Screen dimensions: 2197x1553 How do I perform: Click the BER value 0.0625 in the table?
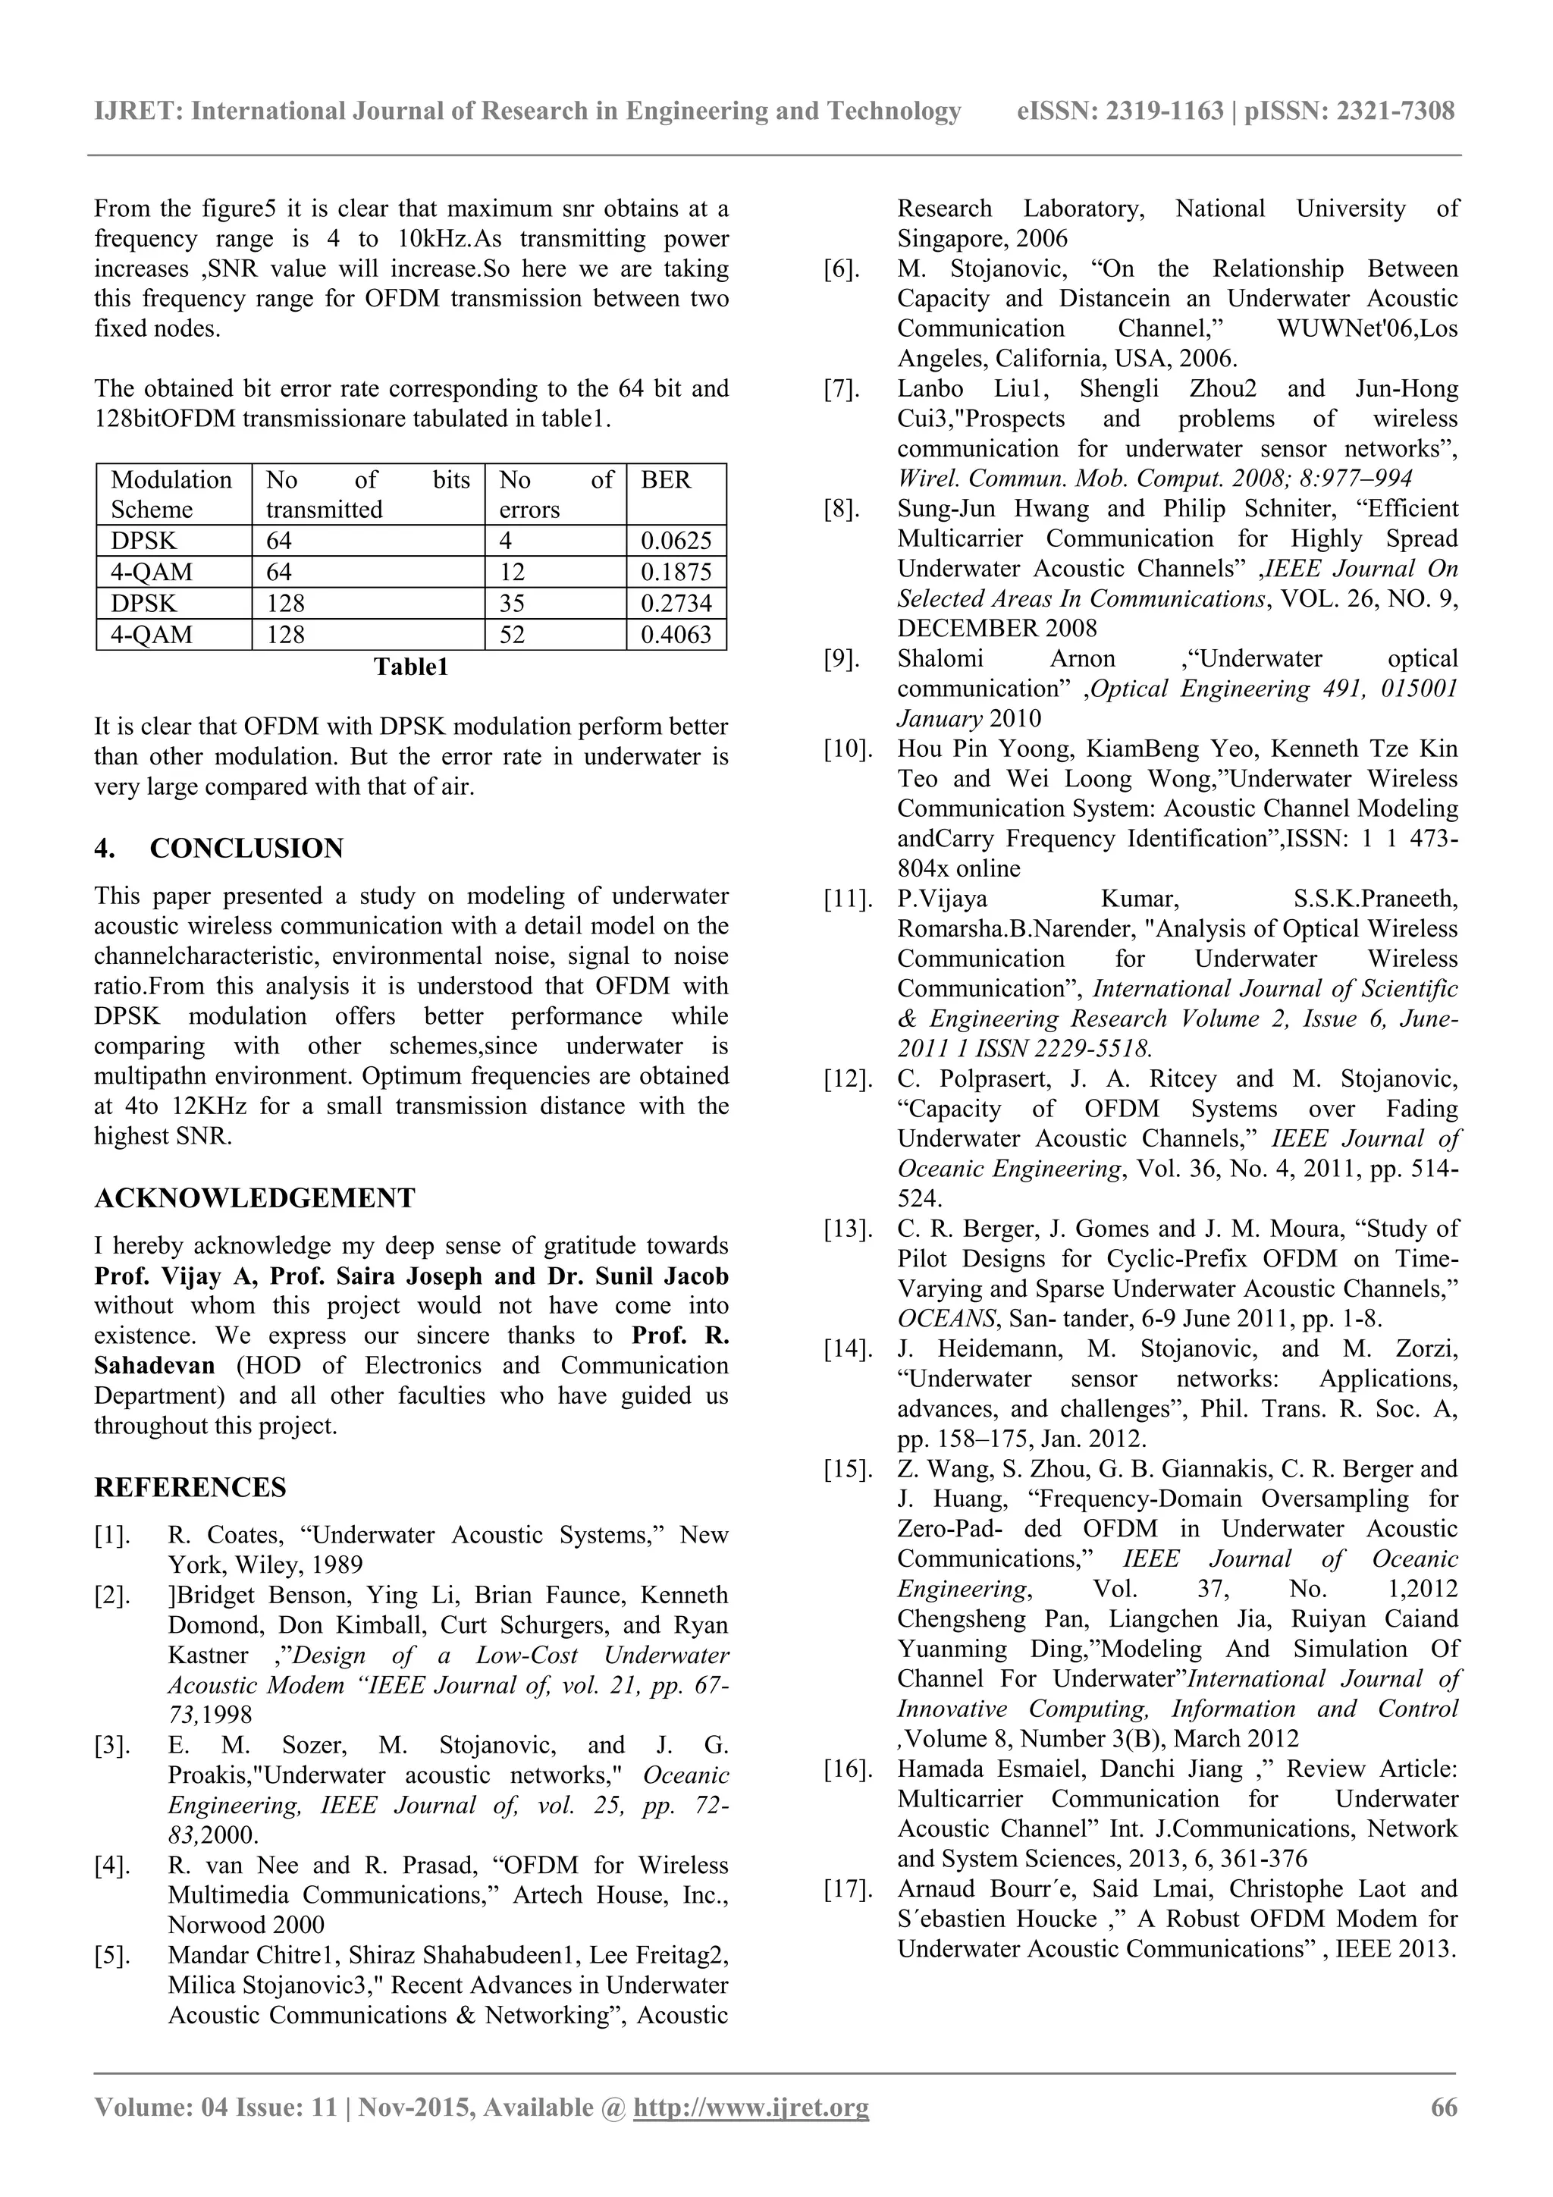click(x=676, y=541)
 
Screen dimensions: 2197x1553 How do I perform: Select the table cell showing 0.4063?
click(x=676, y=635)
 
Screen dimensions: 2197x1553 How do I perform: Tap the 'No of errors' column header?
click(x=555, y=494)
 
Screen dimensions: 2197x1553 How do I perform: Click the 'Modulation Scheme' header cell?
click(x=172, y=494)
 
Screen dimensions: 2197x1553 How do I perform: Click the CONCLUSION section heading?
click(x=246, y=849)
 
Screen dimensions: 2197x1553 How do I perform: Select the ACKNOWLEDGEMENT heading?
click(x=255, y=1198)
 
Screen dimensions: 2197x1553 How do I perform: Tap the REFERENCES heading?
click(x=190, y=1487)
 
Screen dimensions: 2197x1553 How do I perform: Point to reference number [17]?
click(x=848, y=1889)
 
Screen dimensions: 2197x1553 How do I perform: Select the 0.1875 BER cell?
click(x=676, y=573)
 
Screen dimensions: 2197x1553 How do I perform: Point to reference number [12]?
click(x=848, y=1079)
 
